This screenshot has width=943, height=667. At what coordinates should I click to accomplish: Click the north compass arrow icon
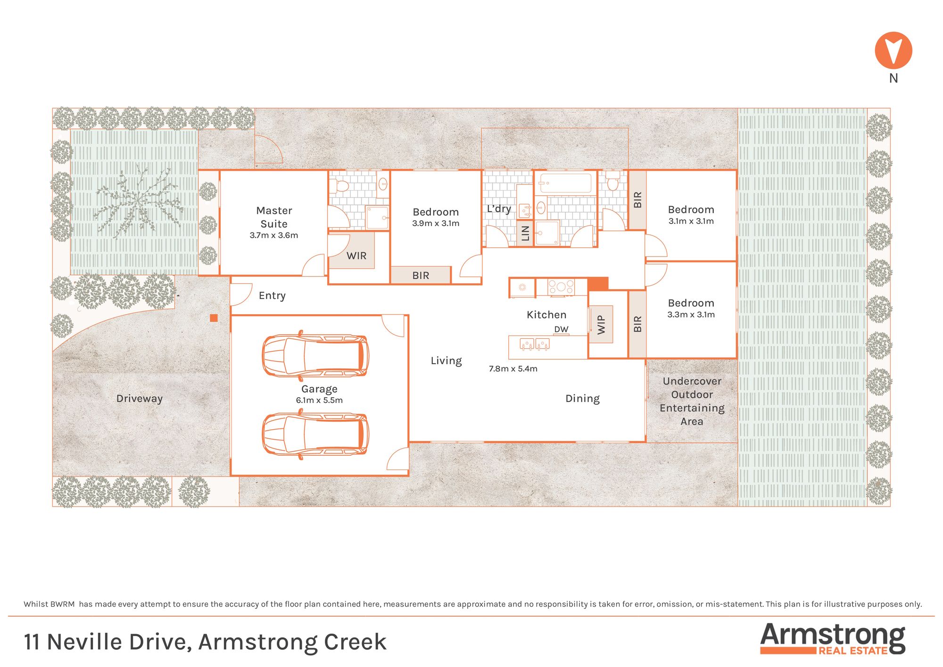(x=893, y=50)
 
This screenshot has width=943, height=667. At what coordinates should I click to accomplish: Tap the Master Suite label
(x=274, y=217)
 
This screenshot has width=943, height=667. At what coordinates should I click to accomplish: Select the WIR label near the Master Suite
(x=356, y=256)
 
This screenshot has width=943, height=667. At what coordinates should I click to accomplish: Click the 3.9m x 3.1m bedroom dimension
(x=436, y=224)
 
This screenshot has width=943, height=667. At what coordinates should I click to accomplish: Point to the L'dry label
(x=499, y=208)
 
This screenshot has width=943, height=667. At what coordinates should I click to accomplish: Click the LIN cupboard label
(x=525, y=233)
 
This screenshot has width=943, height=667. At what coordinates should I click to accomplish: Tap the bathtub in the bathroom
(x=565, y=183)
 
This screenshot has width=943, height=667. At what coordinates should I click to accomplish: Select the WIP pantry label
(x=601, y=325)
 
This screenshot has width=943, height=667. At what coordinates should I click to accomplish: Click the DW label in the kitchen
(x=561, y=329)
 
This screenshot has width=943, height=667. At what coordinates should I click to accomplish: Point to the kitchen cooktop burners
(x=561, y=287)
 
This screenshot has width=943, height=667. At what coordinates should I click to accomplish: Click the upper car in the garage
(x=315, y=355)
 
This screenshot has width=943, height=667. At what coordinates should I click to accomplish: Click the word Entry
(x=272, y=296)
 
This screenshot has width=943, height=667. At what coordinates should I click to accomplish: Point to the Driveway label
(x=140, y=399)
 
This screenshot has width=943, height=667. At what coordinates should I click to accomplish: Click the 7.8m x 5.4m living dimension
(x=513, y=369)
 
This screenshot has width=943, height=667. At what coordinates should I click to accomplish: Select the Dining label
(x=583, y=399)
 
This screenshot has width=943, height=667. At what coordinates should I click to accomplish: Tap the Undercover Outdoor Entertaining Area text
(x=692, y=401)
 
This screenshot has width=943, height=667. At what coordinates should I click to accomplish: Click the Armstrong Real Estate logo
(x=833, y=639)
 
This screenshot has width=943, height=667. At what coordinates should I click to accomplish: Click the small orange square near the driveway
(x=214, y=318)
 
